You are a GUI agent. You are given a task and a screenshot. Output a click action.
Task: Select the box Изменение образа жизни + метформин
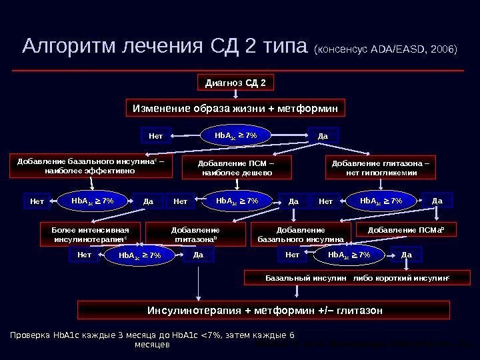coord(236,108)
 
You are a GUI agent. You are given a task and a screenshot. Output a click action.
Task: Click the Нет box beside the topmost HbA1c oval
coord(155,136)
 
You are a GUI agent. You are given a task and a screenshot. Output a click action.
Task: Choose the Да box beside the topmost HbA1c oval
coord(323,136)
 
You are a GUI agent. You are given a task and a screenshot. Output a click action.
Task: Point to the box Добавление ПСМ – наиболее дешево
coord(237,168)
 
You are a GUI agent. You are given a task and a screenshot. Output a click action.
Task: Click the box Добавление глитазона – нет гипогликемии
coord(380,167)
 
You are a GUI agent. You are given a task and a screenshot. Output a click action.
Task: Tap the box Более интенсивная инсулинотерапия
coord(91,233)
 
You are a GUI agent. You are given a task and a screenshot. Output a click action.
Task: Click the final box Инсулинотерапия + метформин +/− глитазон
coord(264,310)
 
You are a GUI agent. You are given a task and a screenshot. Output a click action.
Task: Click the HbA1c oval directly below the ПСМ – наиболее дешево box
coord(237,199)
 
